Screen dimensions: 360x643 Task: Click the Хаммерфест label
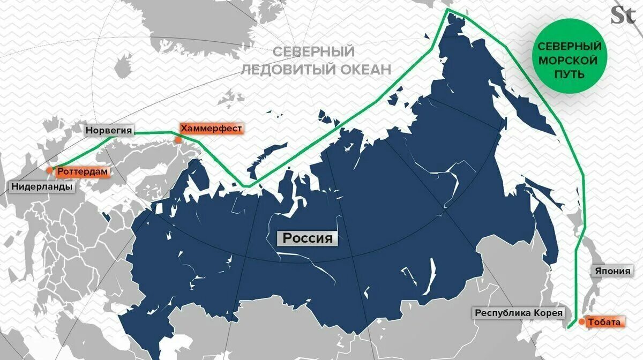[x=211, y=129]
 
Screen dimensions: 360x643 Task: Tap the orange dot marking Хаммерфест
[x=177, y=139]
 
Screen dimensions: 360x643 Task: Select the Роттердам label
[x=84, y=172]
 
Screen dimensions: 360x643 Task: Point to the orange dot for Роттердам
[x=49, y=170]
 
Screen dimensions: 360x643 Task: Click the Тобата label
[x=604, y=322]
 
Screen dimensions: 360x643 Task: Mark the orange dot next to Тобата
[x=581, y=322]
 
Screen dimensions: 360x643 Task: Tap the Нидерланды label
[x=42, y=187]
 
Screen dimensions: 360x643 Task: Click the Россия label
[x=308, y=238]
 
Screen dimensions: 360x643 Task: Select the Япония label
[x=611, y=271]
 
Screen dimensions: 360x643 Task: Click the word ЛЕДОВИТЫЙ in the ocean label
[x=287, y=69]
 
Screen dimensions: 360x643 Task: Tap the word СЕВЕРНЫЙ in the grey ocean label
[x=313, y=52]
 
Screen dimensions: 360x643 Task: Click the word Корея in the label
[x=549, y=313]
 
